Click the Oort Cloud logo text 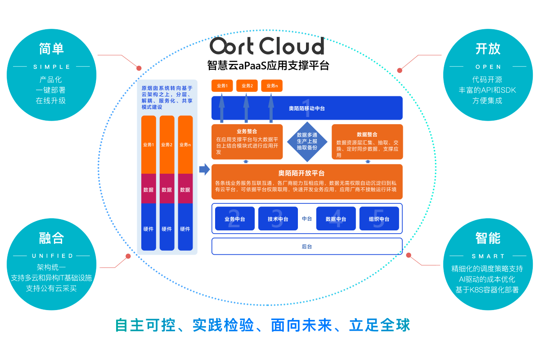point(267,46)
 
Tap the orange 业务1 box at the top point(222,86)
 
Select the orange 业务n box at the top point(271,86)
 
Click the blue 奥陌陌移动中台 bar point(307,108)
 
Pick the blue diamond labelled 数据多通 point(307,141)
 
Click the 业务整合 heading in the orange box point(247,131)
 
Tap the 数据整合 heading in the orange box point(367,134)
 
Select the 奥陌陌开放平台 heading point(307,173)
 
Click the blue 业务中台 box point(234,219)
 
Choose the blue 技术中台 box point(278,219)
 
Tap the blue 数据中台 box point(336,219)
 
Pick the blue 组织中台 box point(379,219)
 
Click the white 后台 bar point(307,246)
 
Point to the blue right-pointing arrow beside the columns point(204,169)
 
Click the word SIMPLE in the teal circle point(52,67)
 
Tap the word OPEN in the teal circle point(488,67)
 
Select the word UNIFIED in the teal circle point(52,256)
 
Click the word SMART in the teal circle point(488,256)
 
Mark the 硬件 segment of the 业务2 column point(166,229)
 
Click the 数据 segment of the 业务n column point(185,190)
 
